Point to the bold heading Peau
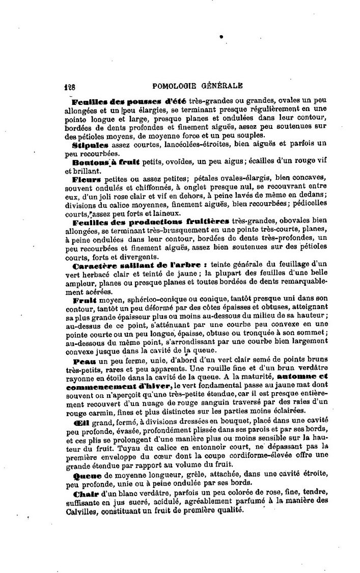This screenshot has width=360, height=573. point(82,361)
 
